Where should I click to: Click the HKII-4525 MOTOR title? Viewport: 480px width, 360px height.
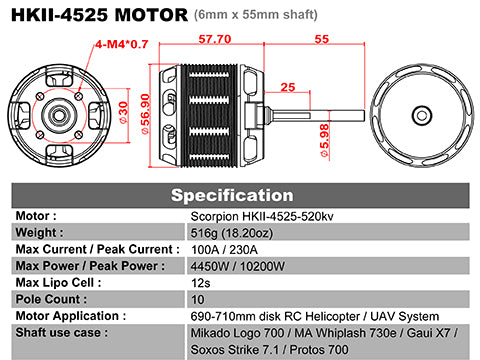pos(98,15)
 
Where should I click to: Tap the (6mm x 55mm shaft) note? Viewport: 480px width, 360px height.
pos(257,16)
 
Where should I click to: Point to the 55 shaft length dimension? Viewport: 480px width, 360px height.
pos(322,39)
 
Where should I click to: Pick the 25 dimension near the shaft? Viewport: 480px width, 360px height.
pos(287,88)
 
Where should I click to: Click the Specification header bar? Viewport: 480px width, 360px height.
pos(240,194)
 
